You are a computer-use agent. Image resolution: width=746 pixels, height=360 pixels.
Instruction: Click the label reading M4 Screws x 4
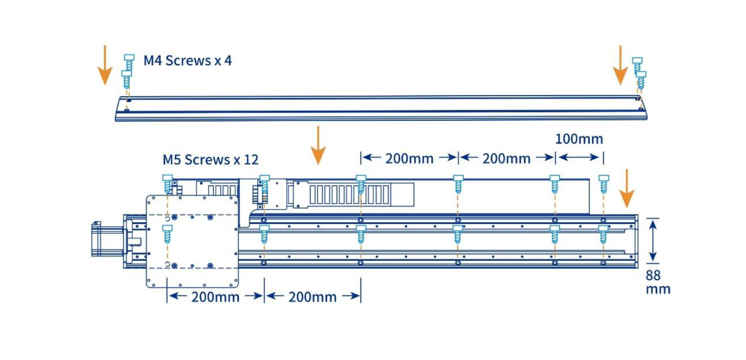[188, 60]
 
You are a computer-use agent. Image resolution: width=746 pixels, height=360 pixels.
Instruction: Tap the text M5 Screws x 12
[210, 159]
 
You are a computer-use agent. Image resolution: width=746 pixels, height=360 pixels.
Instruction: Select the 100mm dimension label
[579, 139]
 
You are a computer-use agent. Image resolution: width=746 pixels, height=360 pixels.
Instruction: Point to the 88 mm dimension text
[657, 282]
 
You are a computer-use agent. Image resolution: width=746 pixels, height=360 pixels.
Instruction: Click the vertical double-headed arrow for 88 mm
[652, 240]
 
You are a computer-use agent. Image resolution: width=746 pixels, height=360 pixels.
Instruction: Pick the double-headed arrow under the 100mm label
[579, 157]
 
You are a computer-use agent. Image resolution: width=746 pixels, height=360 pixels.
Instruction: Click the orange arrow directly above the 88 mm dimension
[626, 188]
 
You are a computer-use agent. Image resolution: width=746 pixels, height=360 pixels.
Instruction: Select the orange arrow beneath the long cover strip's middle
[318, 145]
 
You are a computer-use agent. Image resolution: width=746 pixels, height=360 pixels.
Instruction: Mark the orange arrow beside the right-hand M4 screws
[620, 65]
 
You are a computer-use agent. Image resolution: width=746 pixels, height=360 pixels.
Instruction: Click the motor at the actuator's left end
[107, 239]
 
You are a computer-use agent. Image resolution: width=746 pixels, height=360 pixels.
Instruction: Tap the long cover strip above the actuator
[381, 109]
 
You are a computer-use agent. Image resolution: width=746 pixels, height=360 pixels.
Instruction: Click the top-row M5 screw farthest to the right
[603, 183]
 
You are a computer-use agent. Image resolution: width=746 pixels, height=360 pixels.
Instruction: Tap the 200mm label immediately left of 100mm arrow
[506, 158]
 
